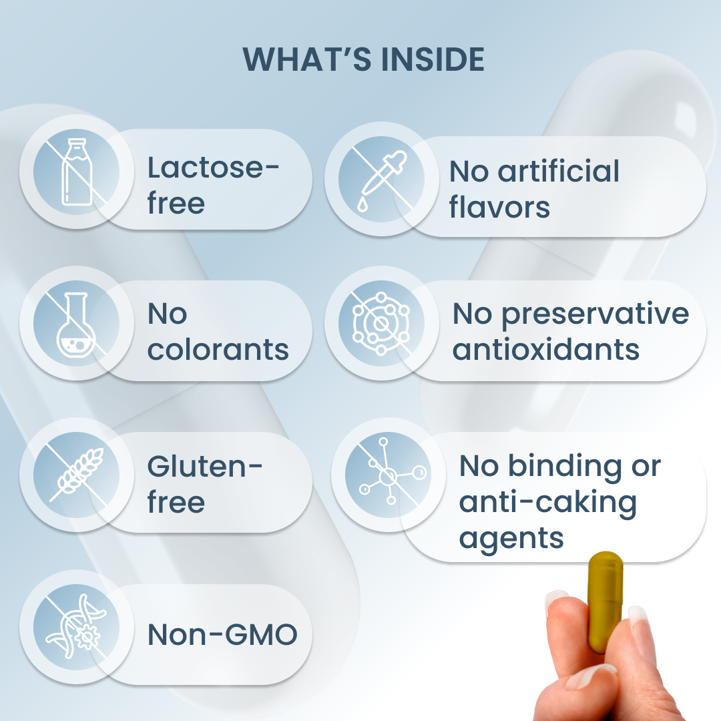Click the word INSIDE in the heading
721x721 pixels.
click(433, 59)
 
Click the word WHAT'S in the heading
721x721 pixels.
click(306, 59)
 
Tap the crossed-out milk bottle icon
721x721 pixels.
click(76, 172)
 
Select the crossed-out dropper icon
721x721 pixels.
click(382, 180)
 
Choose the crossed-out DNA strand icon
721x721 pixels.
click(76, 626)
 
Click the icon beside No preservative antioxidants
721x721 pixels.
click(381, 323)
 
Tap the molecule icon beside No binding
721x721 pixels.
click(389, 473)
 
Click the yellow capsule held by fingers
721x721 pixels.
click(605, 602)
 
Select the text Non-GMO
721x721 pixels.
click(222, 635)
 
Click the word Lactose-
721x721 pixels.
click(213, 168)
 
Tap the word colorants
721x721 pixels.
click(218, 349)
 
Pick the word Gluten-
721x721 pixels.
click(205, 466)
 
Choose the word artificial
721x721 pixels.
click(559, 171)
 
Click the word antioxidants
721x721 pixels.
click(546, 349)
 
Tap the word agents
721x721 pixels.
click(511, 539)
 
